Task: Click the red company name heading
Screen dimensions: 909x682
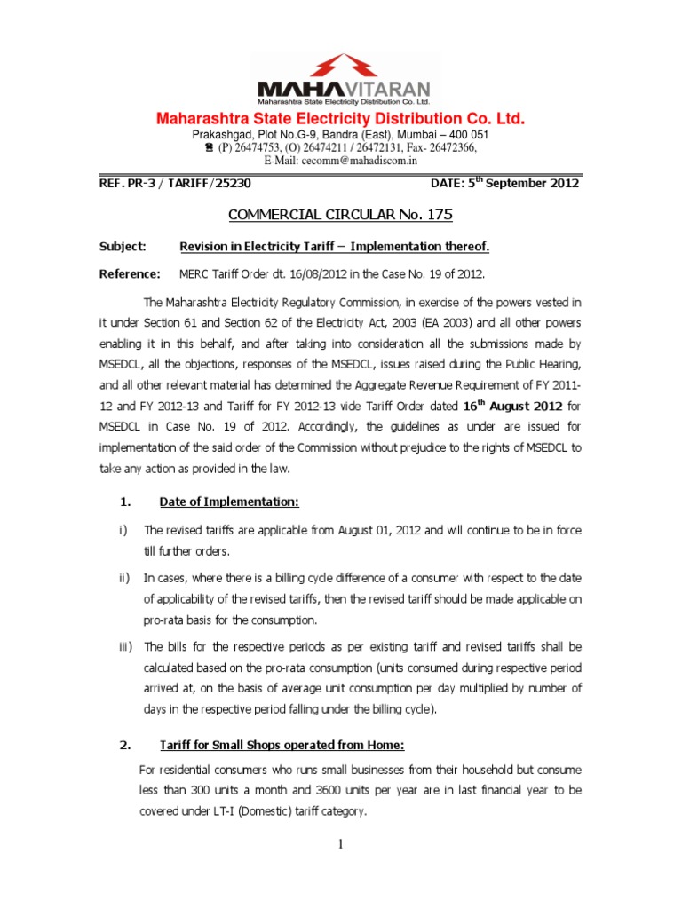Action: pos(341,119)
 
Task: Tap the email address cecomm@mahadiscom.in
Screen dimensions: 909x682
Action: pos(341,161)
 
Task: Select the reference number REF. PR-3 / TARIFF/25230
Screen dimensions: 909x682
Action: pos(180,184)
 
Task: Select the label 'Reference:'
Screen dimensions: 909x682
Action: pos(129,274)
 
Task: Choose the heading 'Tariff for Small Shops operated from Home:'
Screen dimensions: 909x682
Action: pos(282,745)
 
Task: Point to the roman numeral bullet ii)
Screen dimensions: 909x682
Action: pos(124,578)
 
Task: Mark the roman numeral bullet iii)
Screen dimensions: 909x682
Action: pos(125,646)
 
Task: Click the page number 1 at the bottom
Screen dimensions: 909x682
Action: pos(341,843)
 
